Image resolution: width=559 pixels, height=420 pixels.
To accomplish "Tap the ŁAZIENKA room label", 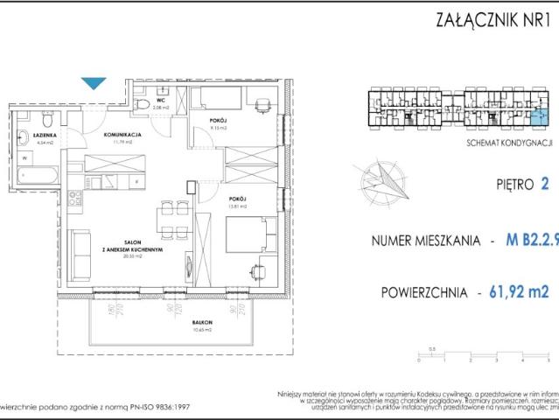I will [45, 136].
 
